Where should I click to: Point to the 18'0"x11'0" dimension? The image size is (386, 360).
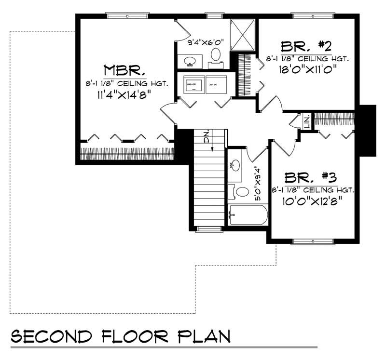[x=307, y=69]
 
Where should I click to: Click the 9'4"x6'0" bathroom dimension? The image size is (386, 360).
[x=205, y=42]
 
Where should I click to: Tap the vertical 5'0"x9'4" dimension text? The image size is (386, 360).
[x=259, y=184]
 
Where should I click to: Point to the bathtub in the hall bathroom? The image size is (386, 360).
[x=248, y=215]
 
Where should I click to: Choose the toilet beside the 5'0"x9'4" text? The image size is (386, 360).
[x=241, y=192]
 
